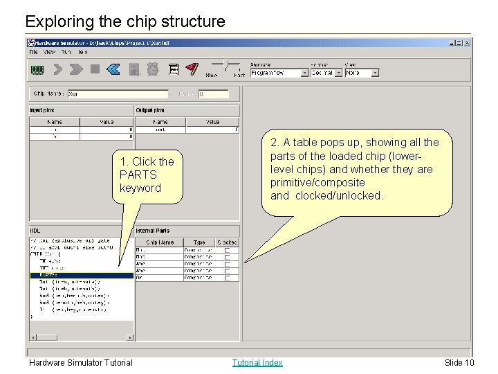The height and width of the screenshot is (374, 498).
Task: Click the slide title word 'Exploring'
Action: [x=55, y=21]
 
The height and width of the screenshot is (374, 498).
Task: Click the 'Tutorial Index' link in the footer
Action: [x=257, y=362]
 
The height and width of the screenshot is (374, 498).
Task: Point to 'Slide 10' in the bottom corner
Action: [x=459, y=362]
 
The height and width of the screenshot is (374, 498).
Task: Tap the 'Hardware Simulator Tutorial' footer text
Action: [x=80, y=362]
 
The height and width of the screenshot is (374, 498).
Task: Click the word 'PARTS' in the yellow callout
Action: [x=138, y=175]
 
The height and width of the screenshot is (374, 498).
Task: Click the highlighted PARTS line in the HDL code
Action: [x=81, y=276]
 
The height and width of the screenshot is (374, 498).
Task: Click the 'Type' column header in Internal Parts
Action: [x=199, y=242]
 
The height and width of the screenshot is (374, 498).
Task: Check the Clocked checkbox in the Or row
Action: [x=228, y=278]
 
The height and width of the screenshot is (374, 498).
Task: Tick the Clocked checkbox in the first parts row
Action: [x=228, y=250]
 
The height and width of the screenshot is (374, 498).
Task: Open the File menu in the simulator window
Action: [x=33, y=52]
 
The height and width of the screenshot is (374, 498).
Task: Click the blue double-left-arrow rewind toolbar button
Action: [x=114, y=69]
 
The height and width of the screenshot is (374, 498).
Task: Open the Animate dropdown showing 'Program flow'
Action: [x=279, y=73]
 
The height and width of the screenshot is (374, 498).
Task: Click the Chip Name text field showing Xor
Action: [x=117, y=93]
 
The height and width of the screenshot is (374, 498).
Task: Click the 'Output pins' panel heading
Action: [x=150, y=110]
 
